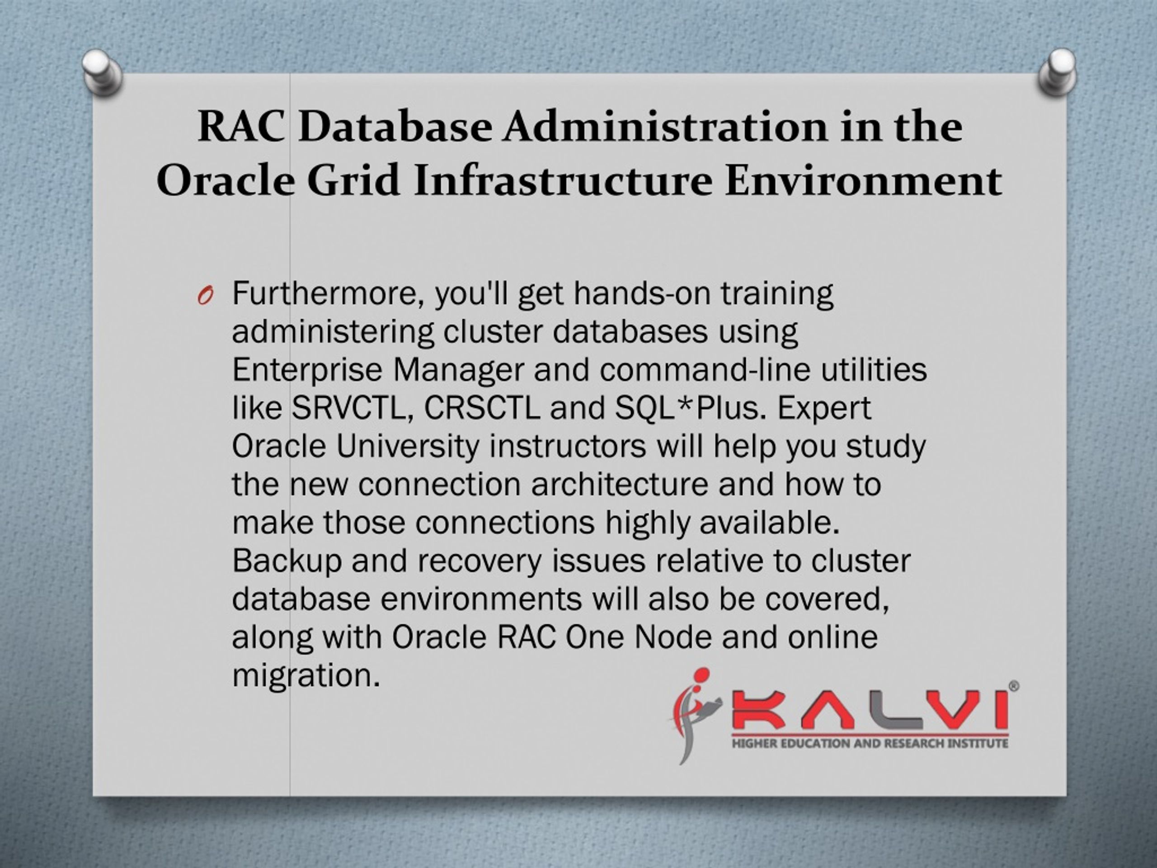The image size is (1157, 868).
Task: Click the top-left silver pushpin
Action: click(102, 72)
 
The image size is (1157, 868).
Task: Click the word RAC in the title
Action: click(242, 127)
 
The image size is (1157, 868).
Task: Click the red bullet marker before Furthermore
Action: click(205, 297)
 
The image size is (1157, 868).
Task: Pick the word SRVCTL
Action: click(349, 408)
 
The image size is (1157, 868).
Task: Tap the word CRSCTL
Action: click(482, 408)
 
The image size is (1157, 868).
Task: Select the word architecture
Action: click(619, 485)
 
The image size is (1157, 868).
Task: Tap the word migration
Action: click(305, 676)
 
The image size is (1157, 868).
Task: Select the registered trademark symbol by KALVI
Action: click(1013, 686)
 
